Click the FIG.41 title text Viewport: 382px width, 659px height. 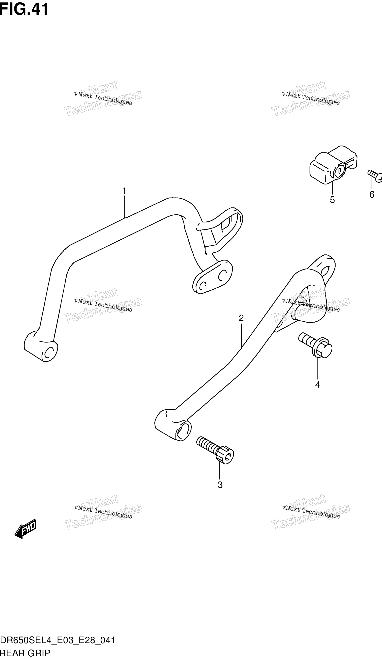(24, 9)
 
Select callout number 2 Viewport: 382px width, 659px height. (241, 318)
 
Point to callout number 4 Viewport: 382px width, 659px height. (318, 385)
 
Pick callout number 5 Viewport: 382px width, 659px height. (332, 200)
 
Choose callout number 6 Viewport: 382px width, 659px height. (372, 195)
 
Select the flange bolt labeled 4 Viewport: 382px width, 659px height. (315, 345)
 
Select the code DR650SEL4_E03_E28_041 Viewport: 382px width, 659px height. (58, 641)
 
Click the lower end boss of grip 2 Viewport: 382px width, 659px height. (173, 425)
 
